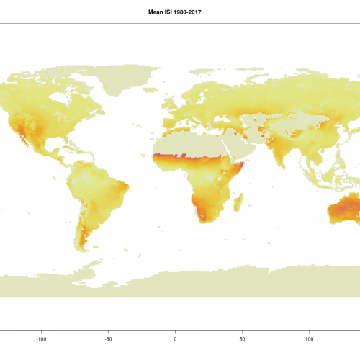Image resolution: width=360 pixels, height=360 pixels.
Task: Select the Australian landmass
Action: (x=345, y=212)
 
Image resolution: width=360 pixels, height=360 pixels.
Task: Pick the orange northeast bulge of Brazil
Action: (x=125, y=189)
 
